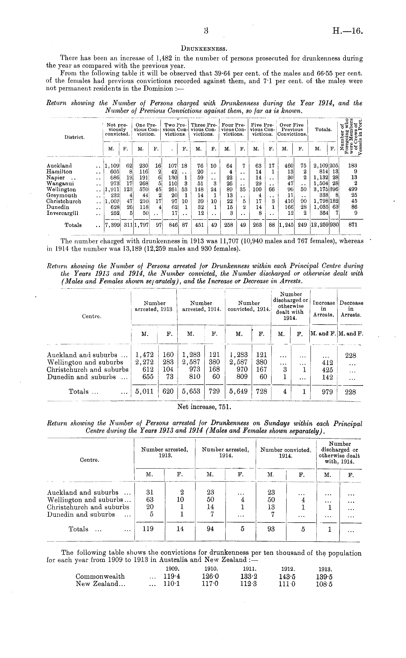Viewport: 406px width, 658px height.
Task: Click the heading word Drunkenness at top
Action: click(204, 49)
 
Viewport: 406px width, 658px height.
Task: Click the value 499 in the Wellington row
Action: click(353, 189)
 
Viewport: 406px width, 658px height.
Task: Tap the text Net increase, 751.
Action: click(204, 407)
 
